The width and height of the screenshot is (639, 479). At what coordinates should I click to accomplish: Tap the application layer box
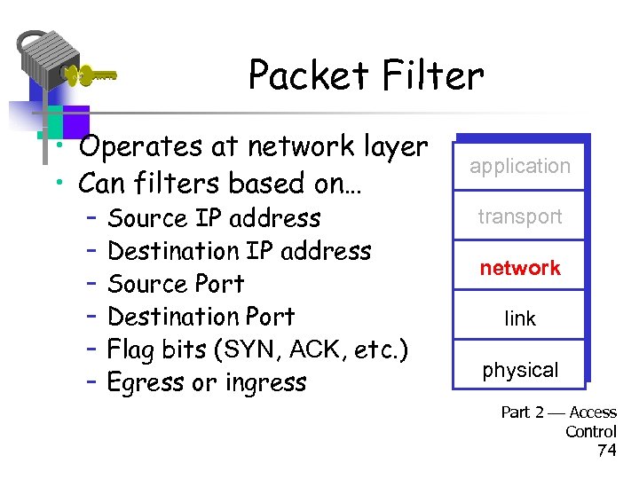tap(520, 166)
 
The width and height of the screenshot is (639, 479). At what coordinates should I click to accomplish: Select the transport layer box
tap(520, 216)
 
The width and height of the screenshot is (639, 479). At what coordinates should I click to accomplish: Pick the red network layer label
tap(520, 268)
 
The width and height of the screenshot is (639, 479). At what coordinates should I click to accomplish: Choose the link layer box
tap(520, 318)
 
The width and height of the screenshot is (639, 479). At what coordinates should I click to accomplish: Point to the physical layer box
tap(520, 370)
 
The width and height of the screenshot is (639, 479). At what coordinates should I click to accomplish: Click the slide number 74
tap(606, 451)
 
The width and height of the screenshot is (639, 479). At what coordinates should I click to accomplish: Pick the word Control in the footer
tap(591, 431)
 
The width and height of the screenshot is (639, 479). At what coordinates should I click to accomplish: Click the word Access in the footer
tap(593, 412)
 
